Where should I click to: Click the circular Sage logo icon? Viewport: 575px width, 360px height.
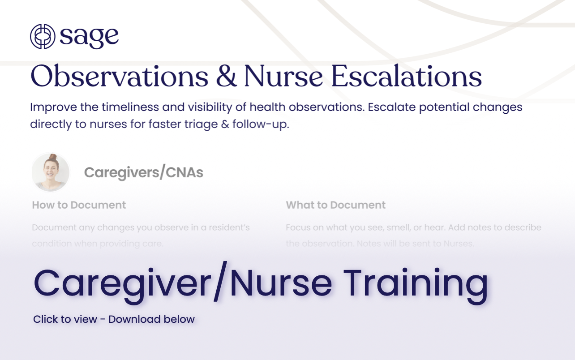click(43, 36)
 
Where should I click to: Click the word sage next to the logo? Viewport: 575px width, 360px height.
click(89, 37)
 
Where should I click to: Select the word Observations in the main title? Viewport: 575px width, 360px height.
click(119, 77)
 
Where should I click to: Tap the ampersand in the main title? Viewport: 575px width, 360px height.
click(226, 77)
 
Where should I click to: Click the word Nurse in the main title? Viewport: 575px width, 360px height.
click(283, 77)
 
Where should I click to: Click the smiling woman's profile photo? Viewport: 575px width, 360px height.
click(51, 172)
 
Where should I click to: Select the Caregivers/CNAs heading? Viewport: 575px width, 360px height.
click(143, 172)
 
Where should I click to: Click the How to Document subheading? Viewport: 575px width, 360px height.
click(79, 205)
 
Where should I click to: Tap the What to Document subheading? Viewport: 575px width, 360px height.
click(335, 205)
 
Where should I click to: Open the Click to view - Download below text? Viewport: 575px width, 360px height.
click(114, 319)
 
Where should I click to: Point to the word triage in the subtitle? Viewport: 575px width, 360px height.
click(215, 124)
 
